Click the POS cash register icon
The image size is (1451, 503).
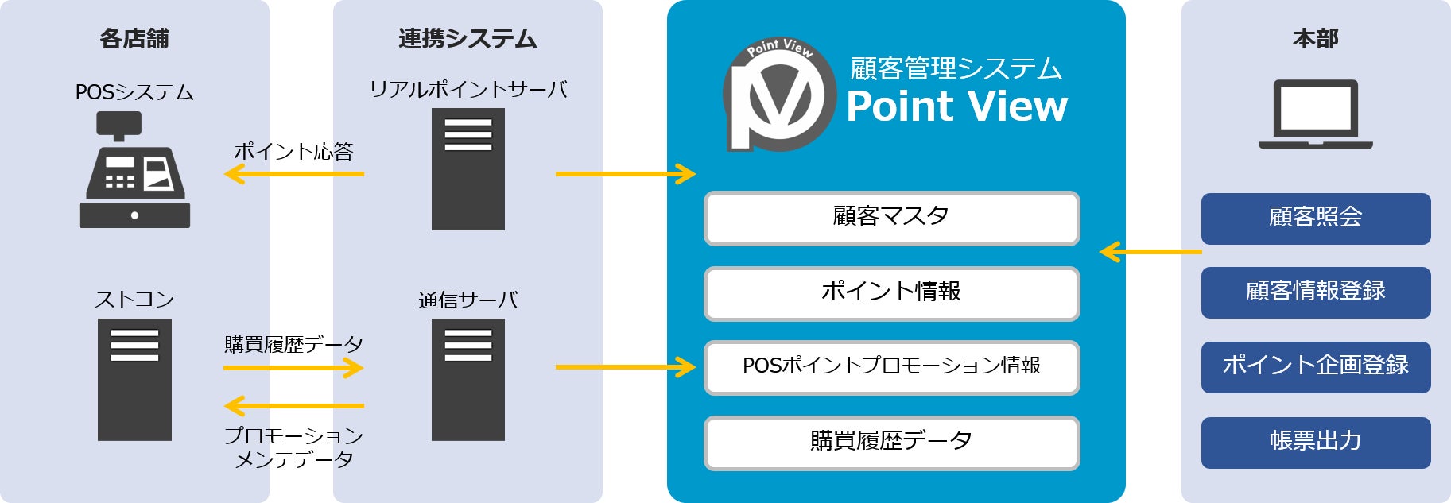click(x=134, y=170)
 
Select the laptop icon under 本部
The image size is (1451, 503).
click(x=1315, y=114)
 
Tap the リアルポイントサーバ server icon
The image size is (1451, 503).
click(x=468, y=169)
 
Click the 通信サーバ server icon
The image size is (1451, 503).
click(x=468, y=380)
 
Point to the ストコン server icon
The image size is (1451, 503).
click(x=134, y=380)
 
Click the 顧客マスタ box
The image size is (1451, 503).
click(x=891, y=218)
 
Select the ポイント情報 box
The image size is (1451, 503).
click(x=891, y=293)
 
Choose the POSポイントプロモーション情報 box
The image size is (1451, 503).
click(x=891, y=367)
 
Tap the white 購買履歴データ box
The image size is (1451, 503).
click(x=891, y=443)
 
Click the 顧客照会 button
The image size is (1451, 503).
click(x=1315, y=219)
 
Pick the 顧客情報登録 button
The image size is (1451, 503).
click(x=1315, y=292)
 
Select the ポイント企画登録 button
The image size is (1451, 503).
click(x=1315, y=367)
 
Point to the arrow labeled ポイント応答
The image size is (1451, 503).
click(x=293, y=173)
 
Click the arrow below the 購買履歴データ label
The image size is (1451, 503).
click(x=293, y=367)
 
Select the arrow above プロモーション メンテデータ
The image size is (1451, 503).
click(x=293, y=406)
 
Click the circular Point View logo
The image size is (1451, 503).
click(x=778, y=95)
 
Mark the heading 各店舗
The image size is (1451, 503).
click(x=134, y=38)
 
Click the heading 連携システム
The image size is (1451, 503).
click(x=468, y=38)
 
